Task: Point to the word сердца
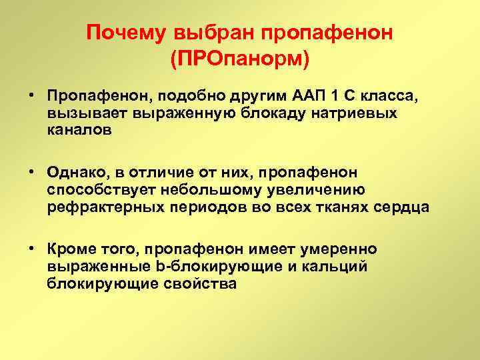coord(405,208)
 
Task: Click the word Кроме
coord(70,249)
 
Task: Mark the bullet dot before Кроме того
coord(31,249)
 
